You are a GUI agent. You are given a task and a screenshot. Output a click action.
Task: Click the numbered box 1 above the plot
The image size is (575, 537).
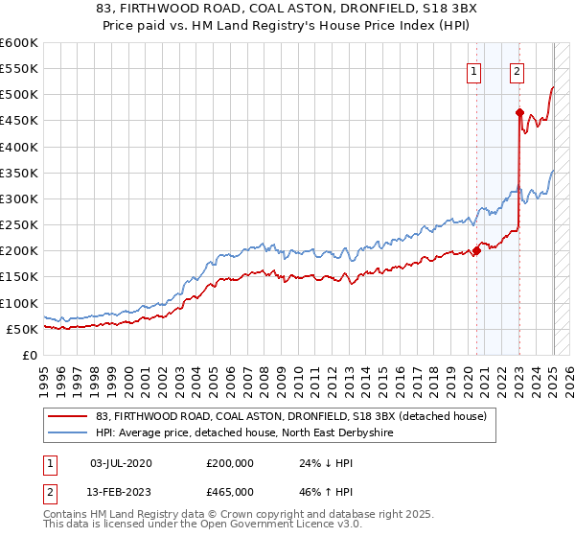(x=474, y=69)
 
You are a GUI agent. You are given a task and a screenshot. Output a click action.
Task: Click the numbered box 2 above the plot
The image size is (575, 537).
(x=517, y=69)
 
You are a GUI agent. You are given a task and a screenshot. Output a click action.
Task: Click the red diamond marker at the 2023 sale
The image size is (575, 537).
(x=519, y=112)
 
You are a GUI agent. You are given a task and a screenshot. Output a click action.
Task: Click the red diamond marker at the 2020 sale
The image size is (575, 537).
(x=476, y=251)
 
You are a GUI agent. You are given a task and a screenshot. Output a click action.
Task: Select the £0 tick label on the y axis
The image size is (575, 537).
(x=29, y=355)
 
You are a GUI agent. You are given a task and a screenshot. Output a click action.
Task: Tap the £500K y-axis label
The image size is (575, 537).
(x=19, y=95)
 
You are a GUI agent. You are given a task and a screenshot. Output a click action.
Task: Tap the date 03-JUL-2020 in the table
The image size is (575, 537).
(x=121, y=463)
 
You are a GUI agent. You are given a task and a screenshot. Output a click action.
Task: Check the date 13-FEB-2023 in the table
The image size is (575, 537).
(x=121, y=493)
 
